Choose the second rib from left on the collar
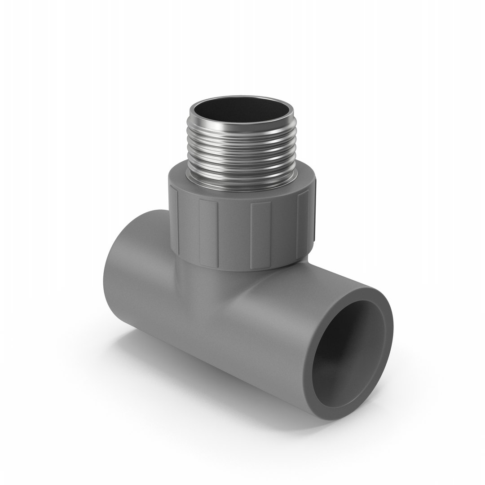[x=208, y=234]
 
